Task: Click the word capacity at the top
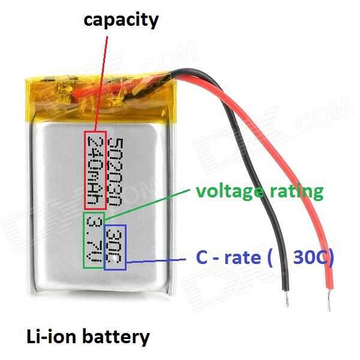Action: (121, 21)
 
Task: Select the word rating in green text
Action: (296, 193)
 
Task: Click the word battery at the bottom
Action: (116, 338)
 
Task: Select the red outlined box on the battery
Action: (95, 170)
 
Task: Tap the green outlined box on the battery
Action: (94, 240)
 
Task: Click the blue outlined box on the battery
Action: (115, 247)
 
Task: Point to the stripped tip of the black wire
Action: (287, 299)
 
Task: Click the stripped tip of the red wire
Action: (329, 302)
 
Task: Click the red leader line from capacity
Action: (101, 83)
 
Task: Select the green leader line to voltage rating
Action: (147, 205)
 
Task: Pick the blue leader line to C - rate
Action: (156, 260)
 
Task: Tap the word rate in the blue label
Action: (242, 258)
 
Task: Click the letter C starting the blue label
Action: (202, 257)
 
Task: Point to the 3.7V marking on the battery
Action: (94, 239)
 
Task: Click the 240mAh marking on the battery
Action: (95, 170)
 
